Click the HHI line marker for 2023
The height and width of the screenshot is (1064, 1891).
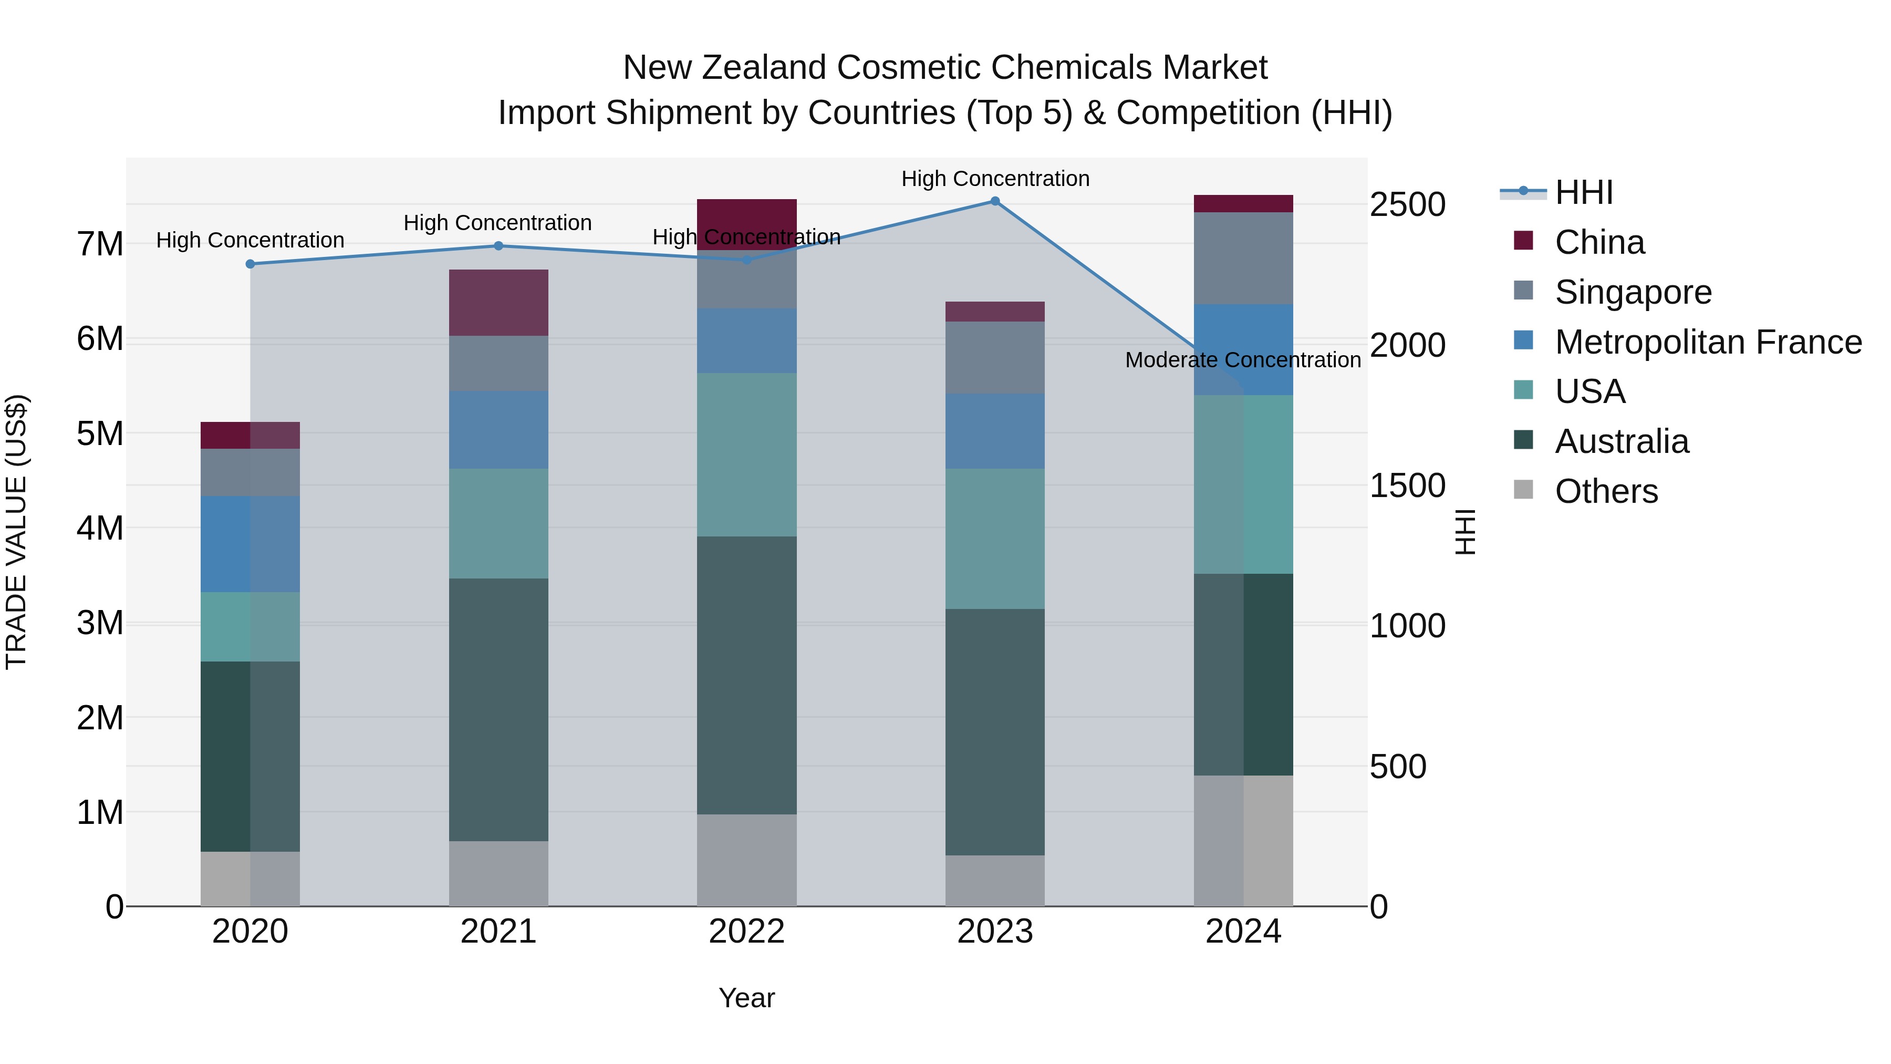click(995, 201)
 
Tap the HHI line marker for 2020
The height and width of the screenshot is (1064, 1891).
click(251, 264)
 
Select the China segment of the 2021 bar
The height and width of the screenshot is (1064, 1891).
click(498, 303)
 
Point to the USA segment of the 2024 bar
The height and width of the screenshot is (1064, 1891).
click(1243, 484)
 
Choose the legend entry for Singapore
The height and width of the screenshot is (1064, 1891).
click(1632, 292)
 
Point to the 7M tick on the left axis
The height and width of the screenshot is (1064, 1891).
click(100, 244)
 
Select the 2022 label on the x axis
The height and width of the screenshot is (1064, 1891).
click(746, 932)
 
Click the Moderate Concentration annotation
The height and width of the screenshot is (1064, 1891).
click(1243, 360)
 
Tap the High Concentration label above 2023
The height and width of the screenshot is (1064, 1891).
click(995, 179)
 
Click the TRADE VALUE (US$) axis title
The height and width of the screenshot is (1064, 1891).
click(16, 532)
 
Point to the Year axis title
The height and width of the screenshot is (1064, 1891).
click(746, 998)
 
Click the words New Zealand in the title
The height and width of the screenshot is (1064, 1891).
click(725, 68)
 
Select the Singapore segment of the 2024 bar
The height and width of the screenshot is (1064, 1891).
click(1243, 258)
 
